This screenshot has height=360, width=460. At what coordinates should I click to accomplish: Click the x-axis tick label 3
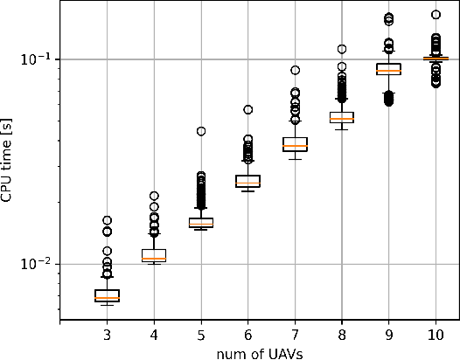[x=107, y=335]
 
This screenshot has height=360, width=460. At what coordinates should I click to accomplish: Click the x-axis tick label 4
[x=154, y=335]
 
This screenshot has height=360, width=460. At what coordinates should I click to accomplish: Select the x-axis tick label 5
[x=201, y=335]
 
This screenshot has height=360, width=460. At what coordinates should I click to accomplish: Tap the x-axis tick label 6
[x=248, y=335]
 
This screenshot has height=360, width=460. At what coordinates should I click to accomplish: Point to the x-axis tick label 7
[x=295, y=335]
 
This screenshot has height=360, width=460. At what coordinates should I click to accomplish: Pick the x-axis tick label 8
[x=342, y=335]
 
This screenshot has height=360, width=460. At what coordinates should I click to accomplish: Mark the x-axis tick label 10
[x=436, y=335]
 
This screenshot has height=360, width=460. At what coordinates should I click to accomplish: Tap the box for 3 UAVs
[x=107, y=295]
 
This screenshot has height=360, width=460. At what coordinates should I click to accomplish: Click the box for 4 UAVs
[x=154, y=255]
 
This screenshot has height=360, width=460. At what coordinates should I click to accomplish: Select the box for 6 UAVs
[x=248, y=181]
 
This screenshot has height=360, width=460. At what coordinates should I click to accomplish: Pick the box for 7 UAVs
[x=295, y=144]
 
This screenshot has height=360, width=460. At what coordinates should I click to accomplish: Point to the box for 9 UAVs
[x=388, y=69]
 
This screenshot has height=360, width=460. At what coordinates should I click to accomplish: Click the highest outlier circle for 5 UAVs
[x=201, y=131]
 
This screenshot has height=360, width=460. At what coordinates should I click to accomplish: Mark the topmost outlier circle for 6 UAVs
[x=248, y=110]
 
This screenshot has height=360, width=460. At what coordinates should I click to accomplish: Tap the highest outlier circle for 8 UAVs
[x=342, y=49]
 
